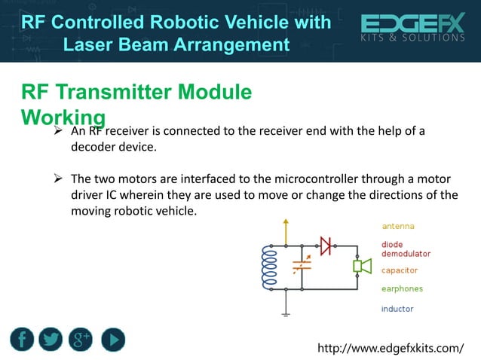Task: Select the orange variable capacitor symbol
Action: click(301, 266)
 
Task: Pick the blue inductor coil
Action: click(268, 267)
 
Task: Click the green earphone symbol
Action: click(362, 266)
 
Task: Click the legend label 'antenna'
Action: click(397, 226)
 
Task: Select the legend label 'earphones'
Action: click(402, 288)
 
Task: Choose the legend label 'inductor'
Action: click(397, 309)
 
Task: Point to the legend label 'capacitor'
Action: click(400, 270)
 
